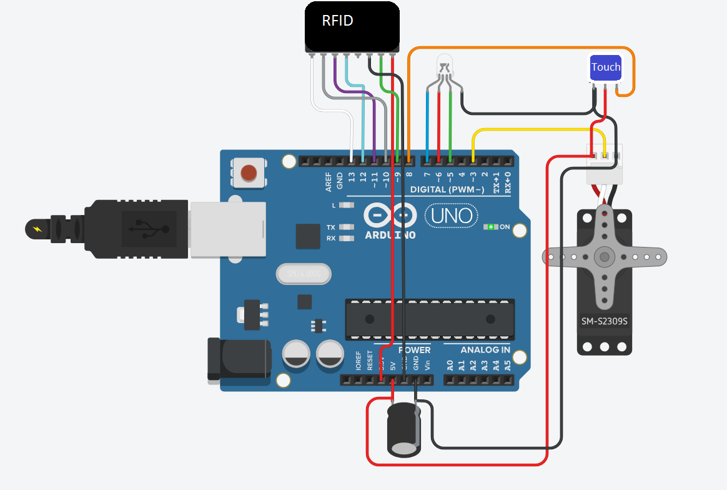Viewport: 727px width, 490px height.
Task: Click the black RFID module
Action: pyautogui.click(x=352, y=26)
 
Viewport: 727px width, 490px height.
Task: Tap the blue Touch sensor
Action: pyautogui.click(x=606, y=68)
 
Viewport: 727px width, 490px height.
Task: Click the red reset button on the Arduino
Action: pyautogui.click(x=249, y=172)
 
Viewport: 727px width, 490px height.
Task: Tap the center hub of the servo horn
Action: pyautogui.click(x=604, y=256)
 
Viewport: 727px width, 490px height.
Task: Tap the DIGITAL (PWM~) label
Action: pyautogui.click(x=447, y=189)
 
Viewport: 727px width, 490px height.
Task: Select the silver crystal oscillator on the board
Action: pyautogui.click(x=303, y=274)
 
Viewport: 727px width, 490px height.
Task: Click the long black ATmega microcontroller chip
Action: pyautogui.click(x=430, y=319)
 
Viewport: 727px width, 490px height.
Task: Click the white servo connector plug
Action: pyautogui.click(x=604, y=164)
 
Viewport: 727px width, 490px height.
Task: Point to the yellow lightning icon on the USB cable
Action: pyautogui.click(x=38, y=229)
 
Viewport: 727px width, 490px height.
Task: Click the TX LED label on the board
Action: pyautogui.click(x=331, y=227)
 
